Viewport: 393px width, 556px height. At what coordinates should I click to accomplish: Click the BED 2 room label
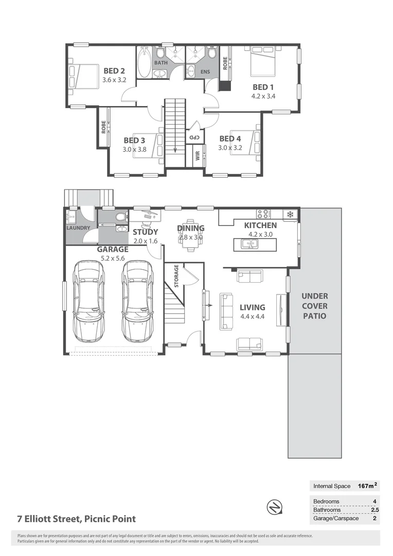pos(114,71)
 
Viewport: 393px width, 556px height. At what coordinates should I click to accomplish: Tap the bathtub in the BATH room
pos(145,62)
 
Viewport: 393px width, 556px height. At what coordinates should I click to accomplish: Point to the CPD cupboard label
pos(193,137)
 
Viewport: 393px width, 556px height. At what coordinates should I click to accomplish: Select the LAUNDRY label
pos(78,228)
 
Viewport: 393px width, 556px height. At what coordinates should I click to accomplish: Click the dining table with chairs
pos(190,238)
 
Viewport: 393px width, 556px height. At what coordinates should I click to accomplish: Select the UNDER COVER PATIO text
pos(314,306)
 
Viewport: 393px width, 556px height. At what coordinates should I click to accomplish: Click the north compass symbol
pos(274,507)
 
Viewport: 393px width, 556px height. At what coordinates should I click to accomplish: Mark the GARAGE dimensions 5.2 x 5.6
pos(113,258)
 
